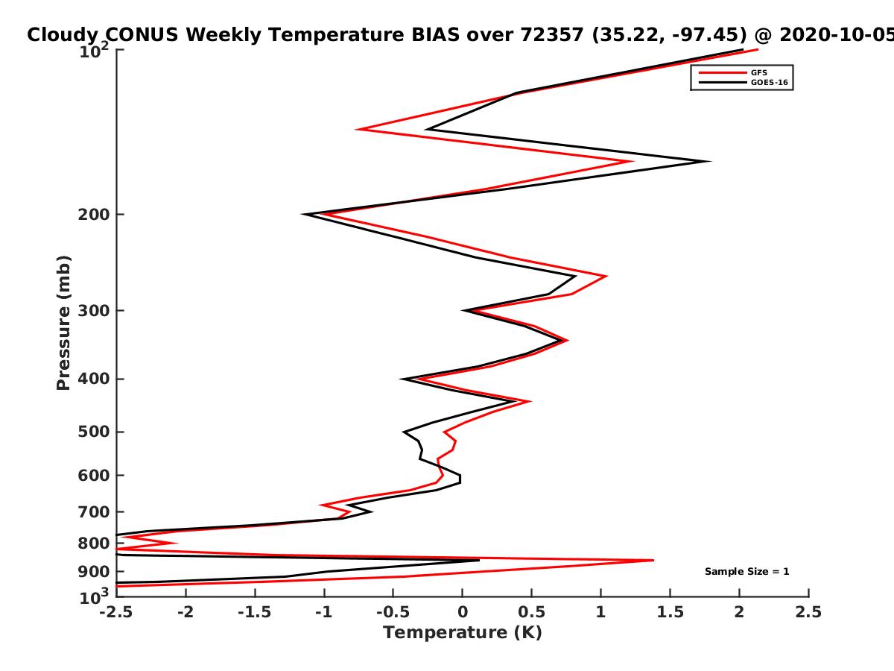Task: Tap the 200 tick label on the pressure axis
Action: click(x=94, y=214)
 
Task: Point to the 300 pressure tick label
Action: click(x=94, y=310)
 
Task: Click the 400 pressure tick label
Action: click(x=94, y=379)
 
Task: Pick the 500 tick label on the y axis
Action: click(x=94, y=432)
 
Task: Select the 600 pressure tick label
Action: click(x=94, y=476)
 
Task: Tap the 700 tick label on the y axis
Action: click(x=94, y=512)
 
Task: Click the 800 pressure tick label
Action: click(x=94, y=544)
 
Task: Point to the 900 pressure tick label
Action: click(x=94, y=572)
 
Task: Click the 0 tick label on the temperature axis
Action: click(x=463, y=612)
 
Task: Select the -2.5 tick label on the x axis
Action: click(x=116, y=612)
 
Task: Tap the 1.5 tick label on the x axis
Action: click(x=670, y=612)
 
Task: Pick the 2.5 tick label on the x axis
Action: click(x=808, y=612)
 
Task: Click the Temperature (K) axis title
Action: click(x=463, y=633)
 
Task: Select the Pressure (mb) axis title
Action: click(x=63, y=323)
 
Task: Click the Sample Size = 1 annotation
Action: click(x=747, y=572)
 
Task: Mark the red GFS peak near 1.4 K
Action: click(x=653, y=560)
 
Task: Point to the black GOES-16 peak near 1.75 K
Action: click(x=710, y=161)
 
